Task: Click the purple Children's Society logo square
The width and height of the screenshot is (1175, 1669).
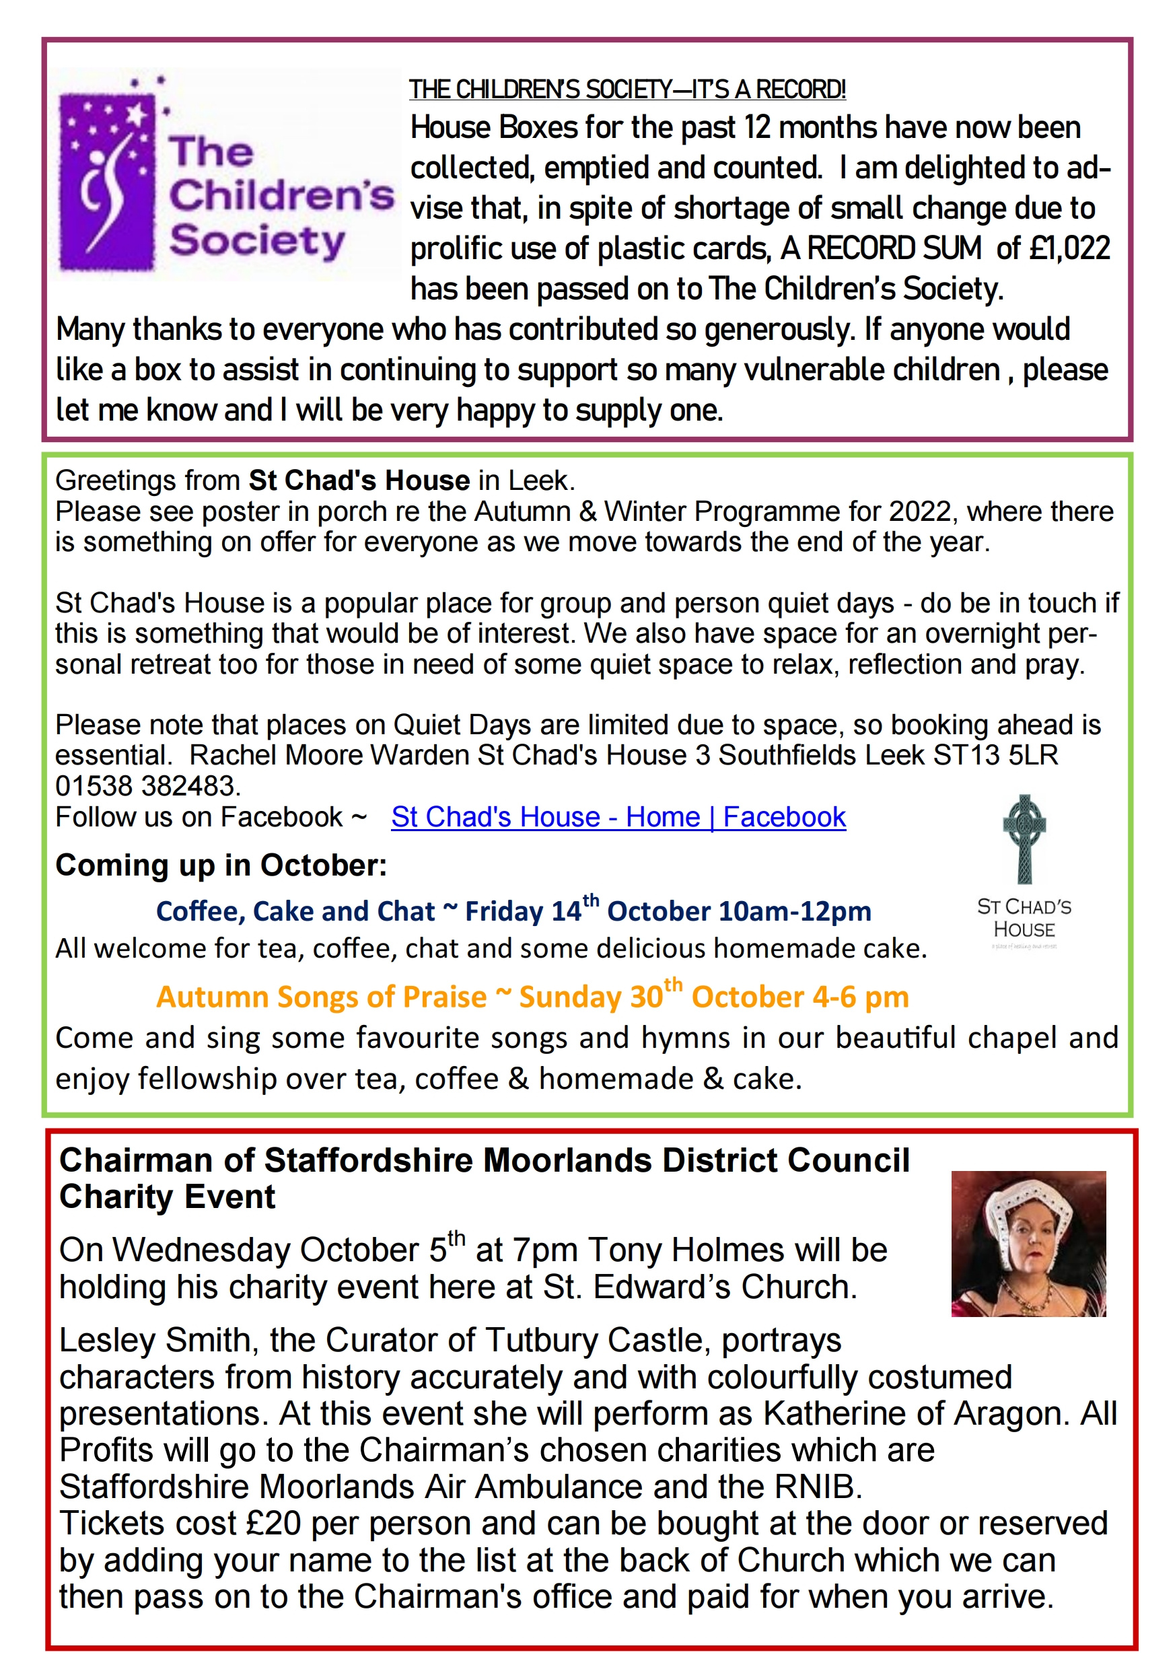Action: pos(108,174)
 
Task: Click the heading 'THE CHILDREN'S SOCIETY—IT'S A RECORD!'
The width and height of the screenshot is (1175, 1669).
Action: pos(627,90)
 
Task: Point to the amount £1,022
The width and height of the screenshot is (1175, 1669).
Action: pos(1069,248)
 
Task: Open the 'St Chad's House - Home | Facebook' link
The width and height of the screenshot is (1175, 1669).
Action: pos(618,817)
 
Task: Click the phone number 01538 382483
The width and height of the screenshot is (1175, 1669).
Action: pos(147,786)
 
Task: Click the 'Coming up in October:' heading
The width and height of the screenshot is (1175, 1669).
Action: pos(221,865)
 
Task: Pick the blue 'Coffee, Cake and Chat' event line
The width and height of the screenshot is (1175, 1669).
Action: pos(513,911)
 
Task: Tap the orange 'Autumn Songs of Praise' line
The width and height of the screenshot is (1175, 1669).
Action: pos(532,997)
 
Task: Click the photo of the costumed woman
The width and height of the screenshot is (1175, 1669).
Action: pos(1028,1244)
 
